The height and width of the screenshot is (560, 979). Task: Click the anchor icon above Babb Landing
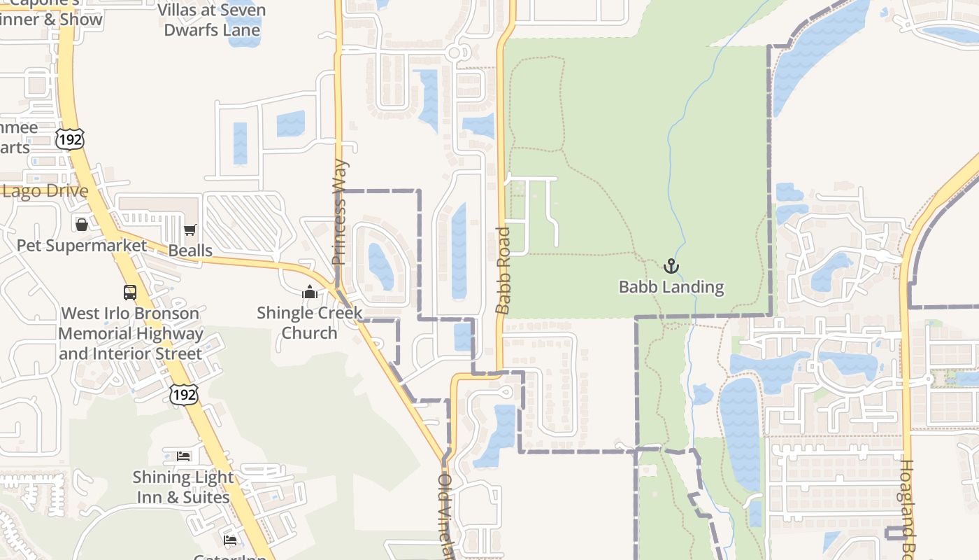671,266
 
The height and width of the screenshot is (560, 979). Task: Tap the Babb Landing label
671,287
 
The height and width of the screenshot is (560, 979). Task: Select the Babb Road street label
503,270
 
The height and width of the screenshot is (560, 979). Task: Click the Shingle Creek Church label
309,323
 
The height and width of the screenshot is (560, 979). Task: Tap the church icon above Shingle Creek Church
310,292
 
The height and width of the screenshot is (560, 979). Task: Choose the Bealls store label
190,251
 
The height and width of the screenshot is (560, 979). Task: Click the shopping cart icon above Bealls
190,230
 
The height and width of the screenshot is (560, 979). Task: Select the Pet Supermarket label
82,246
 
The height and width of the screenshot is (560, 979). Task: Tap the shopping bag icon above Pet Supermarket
82,224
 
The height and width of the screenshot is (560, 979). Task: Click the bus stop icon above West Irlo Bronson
130,292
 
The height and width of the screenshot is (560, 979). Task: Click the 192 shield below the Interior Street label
183,394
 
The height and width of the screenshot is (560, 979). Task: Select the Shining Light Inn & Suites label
183,487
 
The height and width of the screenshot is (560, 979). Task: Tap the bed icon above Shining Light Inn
183,456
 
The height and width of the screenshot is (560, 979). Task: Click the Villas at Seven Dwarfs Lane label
212,20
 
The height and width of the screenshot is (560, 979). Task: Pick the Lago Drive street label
45,192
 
